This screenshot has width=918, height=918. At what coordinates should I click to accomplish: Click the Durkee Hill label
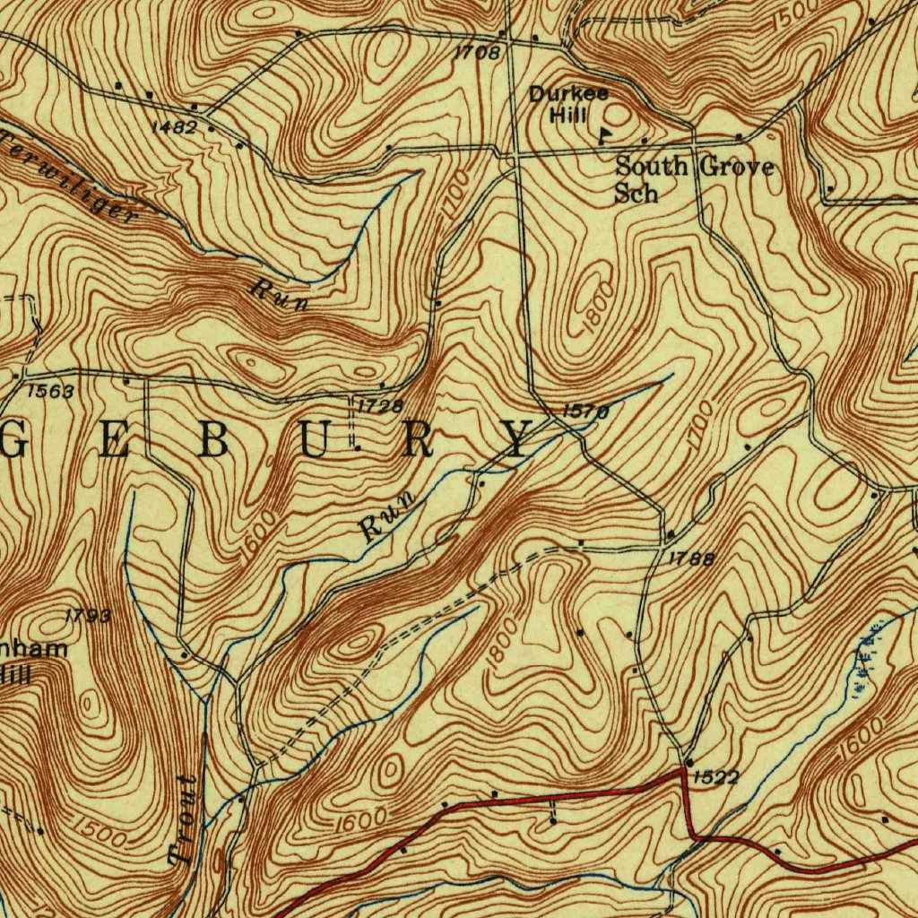[567, 104]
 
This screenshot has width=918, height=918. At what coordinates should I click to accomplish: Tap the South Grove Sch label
[693, 178]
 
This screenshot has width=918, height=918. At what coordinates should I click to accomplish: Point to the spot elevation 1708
[476, 53]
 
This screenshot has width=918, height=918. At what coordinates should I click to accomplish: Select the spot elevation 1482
[173, 127]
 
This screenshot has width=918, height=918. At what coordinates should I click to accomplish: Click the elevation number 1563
[50, 391]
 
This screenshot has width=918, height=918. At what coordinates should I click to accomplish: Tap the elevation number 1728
[380, 406]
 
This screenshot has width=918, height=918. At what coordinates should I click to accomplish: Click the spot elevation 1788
[692, 559]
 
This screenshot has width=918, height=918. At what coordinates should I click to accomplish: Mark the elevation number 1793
[88, 616]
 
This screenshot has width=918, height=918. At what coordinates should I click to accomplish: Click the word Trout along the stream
[186, 821]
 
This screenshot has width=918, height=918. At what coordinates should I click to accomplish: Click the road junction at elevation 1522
[687, 763]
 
